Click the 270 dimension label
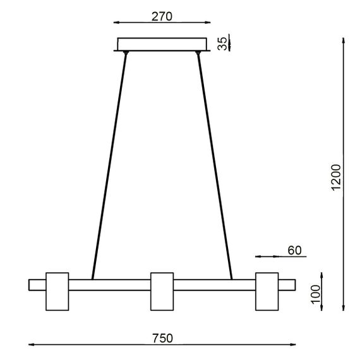[162, 16]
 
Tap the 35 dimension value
[222, 43]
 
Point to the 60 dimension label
[295, 250]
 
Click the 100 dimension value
[315, 292]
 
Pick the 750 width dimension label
[162, 339]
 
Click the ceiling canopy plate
[162, 44]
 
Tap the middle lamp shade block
[162, 291]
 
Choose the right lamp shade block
[267, 291]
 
